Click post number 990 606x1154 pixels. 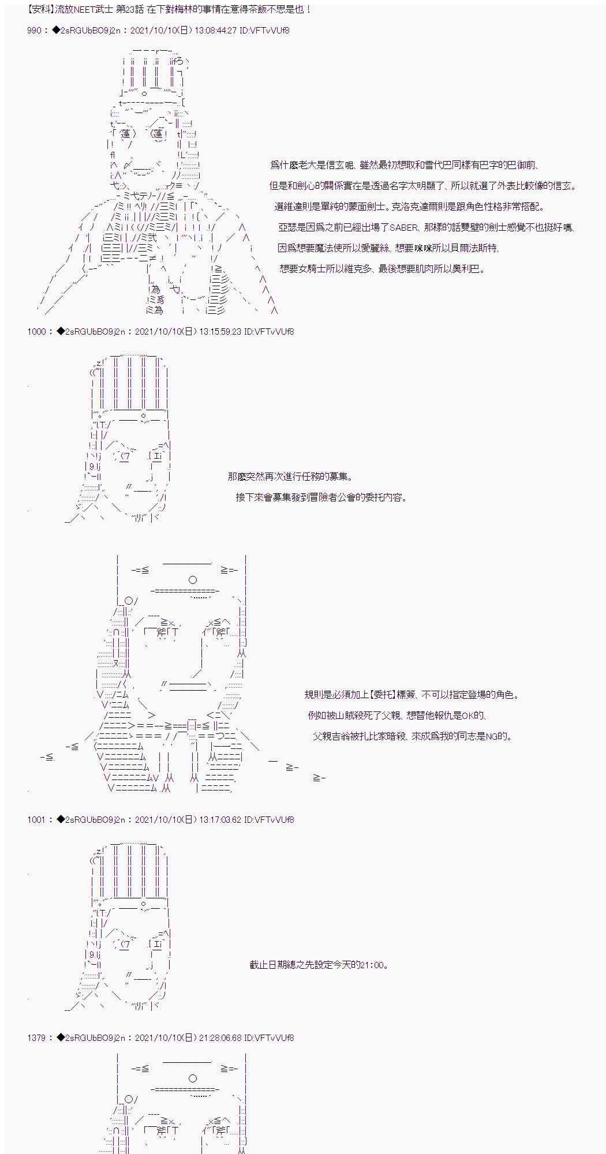(34, 30)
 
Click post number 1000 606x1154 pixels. (38, 331)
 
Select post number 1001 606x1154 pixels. (38, 819)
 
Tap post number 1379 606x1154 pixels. (38, 1037)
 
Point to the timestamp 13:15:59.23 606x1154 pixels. (220, 331)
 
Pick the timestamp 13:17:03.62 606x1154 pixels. (220, 819)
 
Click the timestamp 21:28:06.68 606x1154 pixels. (220, 1037)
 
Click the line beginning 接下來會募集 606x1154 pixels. (321, 497)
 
